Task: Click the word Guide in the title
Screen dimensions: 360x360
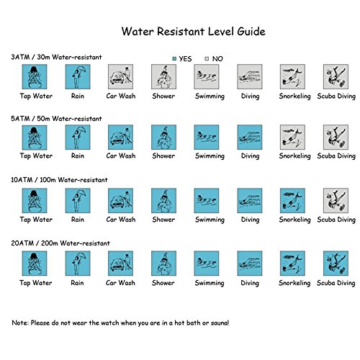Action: tap(251, 32)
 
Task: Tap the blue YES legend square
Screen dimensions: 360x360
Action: tap(174, 58)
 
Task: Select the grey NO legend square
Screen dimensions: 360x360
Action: tap(207, 58)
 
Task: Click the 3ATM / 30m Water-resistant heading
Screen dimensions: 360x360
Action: tap(56, 57)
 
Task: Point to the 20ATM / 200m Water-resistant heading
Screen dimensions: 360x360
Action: tap(60, 243)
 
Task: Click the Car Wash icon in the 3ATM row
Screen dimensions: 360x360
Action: tap(120, 76)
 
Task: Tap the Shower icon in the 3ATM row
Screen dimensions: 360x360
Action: tap(163, 76)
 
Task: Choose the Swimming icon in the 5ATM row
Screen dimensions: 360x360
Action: tap(207, 138)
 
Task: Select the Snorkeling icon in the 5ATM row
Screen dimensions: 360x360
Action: tap(292, 138)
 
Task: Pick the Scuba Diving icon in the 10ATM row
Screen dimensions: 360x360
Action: tap(336, 201)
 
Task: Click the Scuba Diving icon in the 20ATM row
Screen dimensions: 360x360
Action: tap(336, 264)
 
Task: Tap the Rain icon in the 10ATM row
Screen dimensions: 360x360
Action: tap(78, 201)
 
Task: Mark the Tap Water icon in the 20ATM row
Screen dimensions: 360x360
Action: tap(35, 264)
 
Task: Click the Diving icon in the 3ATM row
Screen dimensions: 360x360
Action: tap(250, 76)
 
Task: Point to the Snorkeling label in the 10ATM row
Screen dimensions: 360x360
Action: tap(294, 220)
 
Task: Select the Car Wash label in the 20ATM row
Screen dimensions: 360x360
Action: tap(120, 283)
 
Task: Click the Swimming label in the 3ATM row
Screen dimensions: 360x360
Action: tap(210, 96)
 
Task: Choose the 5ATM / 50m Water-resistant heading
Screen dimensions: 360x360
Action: tap(56, 119)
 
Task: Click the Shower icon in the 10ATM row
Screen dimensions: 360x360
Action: tap(163, 201)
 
